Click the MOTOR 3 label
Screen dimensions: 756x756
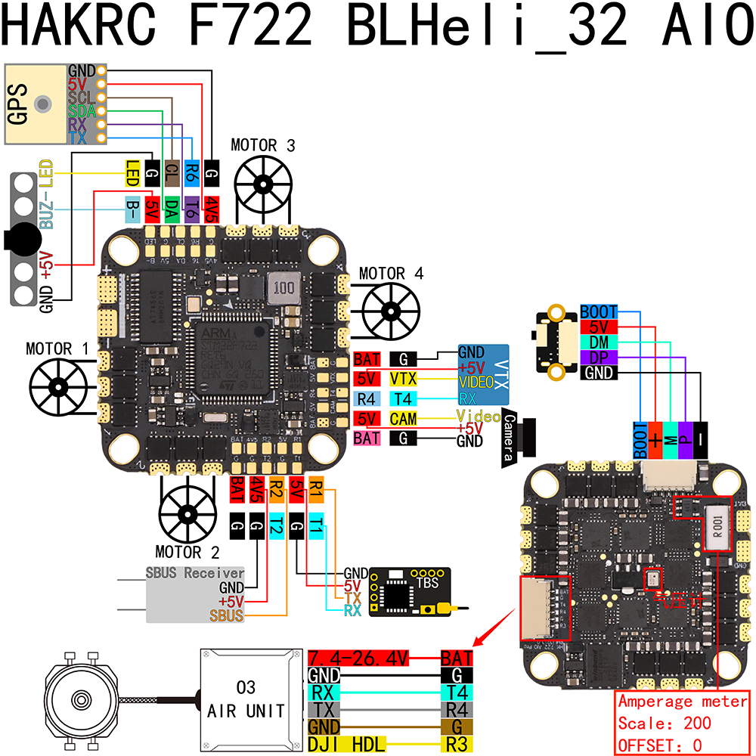point(263,145)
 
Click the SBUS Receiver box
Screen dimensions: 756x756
point(195,594)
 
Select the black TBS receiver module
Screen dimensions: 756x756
point(409,592)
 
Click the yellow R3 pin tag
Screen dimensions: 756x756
point(457,745)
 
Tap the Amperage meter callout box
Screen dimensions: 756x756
point(683,723)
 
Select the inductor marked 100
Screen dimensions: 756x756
point(283,288)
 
